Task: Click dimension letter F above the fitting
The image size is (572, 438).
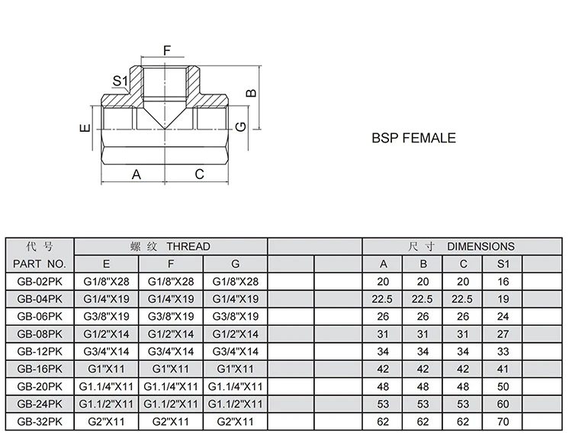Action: point(167,51)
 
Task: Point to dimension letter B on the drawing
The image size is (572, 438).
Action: point(252,93)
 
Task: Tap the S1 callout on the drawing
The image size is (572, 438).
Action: point(120,81)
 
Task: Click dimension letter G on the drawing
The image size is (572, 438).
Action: point(240,126)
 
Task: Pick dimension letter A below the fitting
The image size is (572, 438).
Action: point(137,174)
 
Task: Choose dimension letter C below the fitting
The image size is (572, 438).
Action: point(199,174)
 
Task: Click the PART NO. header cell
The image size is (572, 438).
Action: point(40,264)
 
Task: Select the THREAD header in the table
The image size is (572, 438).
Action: point(170,247)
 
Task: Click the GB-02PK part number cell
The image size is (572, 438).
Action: point(40,282)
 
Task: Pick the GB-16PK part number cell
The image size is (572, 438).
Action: point(40,369)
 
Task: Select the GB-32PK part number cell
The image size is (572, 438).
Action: point(40,421)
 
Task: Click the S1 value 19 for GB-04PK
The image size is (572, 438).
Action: point(502,299)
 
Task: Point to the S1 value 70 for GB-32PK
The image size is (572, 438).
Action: point(502,421)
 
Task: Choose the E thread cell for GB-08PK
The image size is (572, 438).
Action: point(106,334)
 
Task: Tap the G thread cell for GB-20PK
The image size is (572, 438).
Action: point(235,386)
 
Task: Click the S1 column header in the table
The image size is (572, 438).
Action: point(502,264)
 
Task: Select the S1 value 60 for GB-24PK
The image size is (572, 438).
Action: point(502,404)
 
